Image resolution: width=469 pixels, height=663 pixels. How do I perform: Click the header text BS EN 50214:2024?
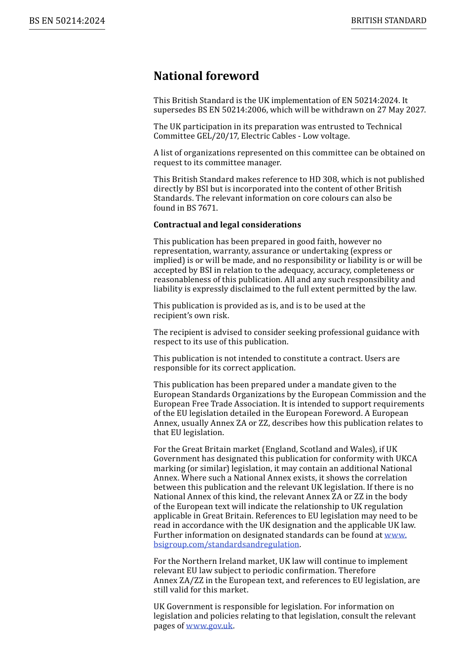(67, 21)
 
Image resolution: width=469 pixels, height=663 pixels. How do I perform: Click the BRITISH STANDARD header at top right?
(389, 21)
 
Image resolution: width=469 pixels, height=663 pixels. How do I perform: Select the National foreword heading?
(206, 76)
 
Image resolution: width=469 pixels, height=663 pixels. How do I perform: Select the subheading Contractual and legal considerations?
(227, 225)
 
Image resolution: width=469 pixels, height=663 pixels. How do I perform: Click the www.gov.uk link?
(209, 626)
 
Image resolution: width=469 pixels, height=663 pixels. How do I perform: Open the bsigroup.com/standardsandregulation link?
(227, 545)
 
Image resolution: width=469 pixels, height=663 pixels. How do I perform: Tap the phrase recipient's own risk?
(191, 316)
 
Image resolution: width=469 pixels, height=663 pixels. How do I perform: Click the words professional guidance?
(355, 332)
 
